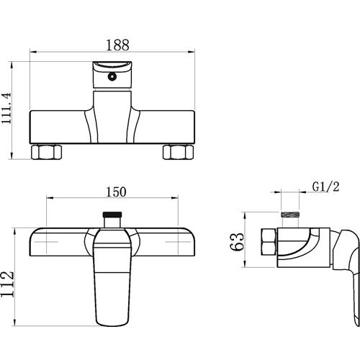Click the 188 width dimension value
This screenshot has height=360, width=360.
(x=117, y=45)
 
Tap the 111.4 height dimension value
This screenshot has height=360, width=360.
(x=6, y=108)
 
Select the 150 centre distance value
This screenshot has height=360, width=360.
(x=116, y=192)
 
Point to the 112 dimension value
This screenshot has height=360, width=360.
(x=7, y=284)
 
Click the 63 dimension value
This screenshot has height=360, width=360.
(x=237, y=242)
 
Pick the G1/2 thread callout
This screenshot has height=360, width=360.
(x=326, y=186)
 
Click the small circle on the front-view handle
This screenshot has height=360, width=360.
(x=112, y=76)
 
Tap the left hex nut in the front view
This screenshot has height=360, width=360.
(x=46, y=152)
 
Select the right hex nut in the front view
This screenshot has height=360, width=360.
(x=179, y=152)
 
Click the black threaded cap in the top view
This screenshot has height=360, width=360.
(x=112, y=214)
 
